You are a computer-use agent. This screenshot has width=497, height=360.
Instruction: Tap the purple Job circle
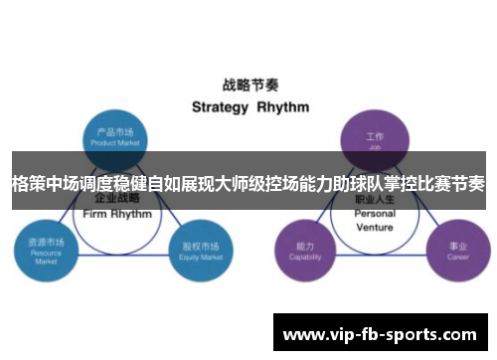click(x=375, y=138)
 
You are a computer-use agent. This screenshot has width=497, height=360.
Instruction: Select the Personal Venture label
click(x=375, y=219)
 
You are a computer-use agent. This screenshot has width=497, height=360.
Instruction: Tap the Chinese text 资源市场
click(x=45, y=242)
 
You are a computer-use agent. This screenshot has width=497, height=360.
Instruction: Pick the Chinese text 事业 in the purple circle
click(x=457, y=245)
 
